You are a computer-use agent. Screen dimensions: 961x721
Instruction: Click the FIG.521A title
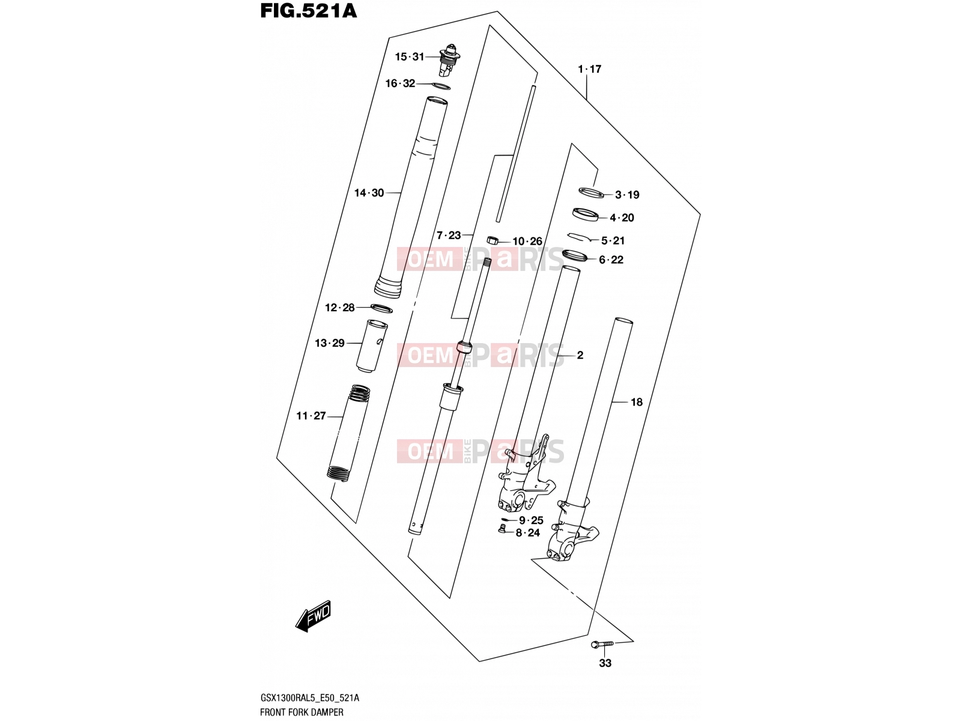tap(309, 11)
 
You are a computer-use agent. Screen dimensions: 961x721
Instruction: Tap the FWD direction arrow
tap(313, 616)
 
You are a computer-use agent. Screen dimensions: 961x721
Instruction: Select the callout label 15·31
tap(410, 57)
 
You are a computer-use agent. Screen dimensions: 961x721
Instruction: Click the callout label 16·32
tap(400, 83)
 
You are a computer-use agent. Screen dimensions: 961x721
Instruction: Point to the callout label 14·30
tap(369, 193)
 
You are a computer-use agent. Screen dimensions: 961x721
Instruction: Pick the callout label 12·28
tap(340, 308)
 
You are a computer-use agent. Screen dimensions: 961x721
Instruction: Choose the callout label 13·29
tap(330, 343)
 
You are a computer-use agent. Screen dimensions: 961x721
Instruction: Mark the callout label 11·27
tap(311, 416)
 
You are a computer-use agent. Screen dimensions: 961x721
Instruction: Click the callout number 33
tap(605, 663)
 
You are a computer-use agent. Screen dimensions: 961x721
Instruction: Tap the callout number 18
tap(637, 402)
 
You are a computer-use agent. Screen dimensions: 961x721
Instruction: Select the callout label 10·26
tap(527, 241)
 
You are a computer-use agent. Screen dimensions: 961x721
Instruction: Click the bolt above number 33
tap(602, 644)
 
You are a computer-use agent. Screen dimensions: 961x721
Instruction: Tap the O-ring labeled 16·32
tap(440, 86)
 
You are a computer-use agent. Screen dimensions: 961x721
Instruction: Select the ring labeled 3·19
tap(591, 192)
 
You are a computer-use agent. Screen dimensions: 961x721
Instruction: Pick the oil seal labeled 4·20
tap(586, 214)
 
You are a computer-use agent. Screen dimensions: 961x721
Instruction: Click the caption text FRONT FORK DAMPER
tap(302, 712)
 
